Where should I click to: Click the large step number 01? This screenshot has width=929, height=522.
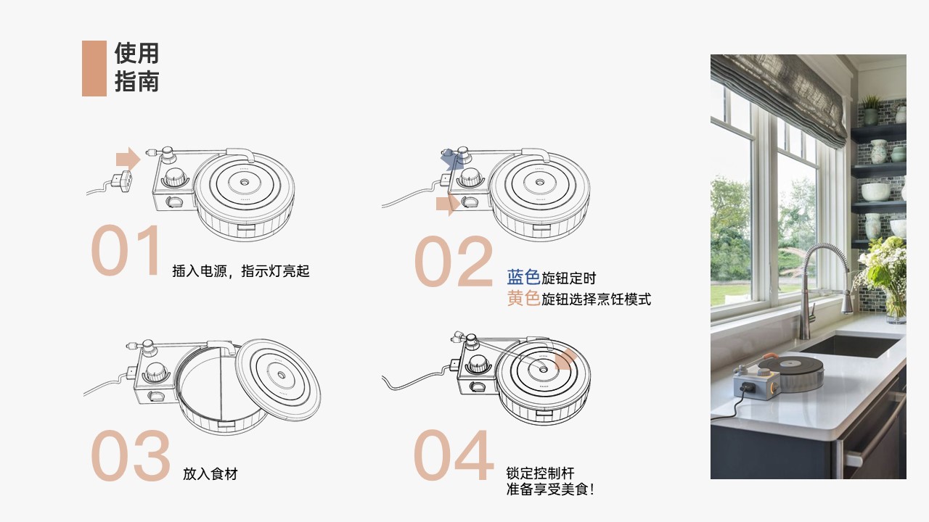pyautogui.click(x=126, y=251)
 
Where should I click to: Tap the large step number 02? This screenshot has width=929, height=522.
pyautogui.click(x=454, y=262)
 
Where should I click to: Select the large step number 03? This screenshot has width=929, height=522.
pyautogui.click(x=131, y=457)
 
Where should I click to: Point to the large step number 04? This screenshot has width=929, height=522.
pyautogui.click(x=454, y=456)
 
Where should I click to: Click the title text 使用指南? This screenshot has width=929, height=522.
pyautogui.click(x=136, y=67)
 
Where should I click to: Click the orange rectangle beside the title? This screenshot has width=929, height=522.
pyautogui.click(x=94, y=68)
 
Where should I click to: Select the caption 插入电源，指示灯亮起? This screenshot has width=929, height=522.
pyautogui.click(x=241, y=271)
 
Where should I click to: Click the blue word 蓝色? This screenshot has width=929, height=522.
pyautogui.click(x=523, y=278)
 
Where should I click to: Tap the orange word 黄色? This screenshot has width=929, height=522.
pyautogui.click(x=523, y=299)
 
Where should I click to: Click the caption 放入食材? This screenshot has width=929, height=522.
pyautogui.click(x=210, y=474)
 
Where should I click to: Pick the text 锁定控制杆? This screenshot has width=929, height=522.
pyautogui.click(x=540, y=473)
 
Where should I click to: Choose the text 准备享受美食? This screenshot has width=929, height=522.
pyautogui.click(x=550, y=489)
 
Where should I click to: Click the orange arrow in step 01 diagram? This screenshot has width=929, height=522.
pyautogui.click(x=128, y=158)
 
